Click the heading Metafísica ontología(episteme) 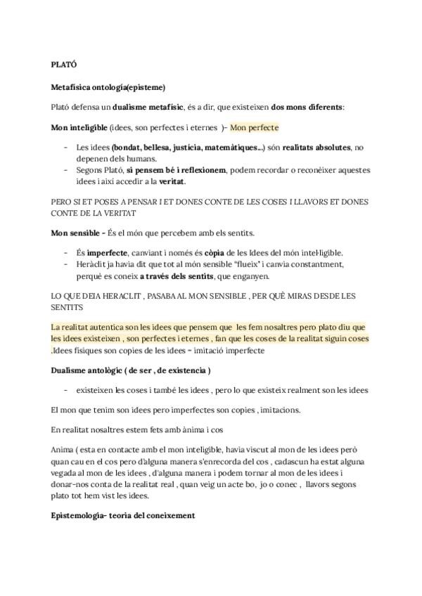coord(108,87)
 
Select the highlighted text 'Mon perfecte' coord(254,127)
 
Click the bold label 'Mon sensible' coord(77,233)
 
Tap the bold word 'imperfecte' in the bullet coord(107,252)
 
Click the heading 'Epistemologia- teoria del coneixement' coord(123,515)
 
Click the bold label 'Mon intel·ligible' coord(79,127)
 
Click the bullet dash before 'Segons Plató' coord(66,169)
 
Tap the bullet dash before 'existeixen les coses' coord(66,390)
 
